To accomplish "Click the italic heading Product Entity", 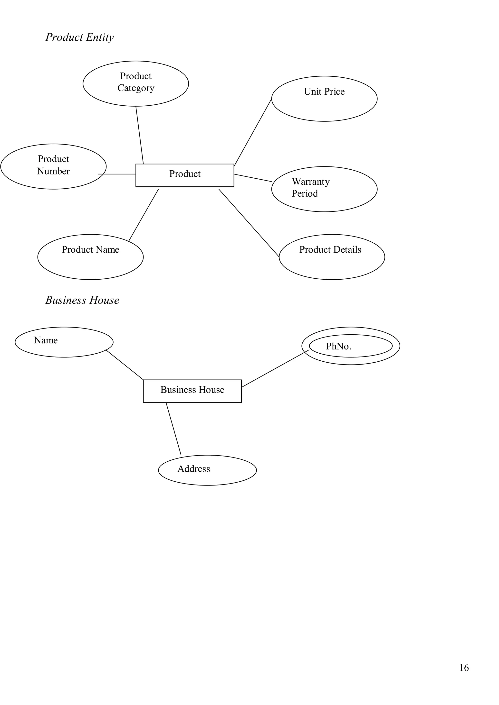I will coord(79,37).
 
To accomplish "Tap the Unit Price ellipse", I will coord(324,99).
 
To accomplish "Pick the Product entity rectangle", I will coord(184,175).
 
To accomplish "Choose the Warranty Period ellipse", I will coord(324,189).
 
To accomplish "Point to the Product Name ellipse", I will coord(90,257).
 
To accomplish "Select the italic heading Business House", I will coord(82,300).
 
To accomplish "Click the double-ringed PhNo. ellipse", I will coord(351,346).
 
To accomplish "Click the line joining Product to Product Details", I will coord(249,223).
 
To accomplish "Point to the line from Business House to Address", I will coord(173,428).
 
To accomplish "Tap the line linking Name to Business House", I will coord(125,365).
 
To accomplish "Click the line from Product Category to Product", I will coord(140,135).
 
